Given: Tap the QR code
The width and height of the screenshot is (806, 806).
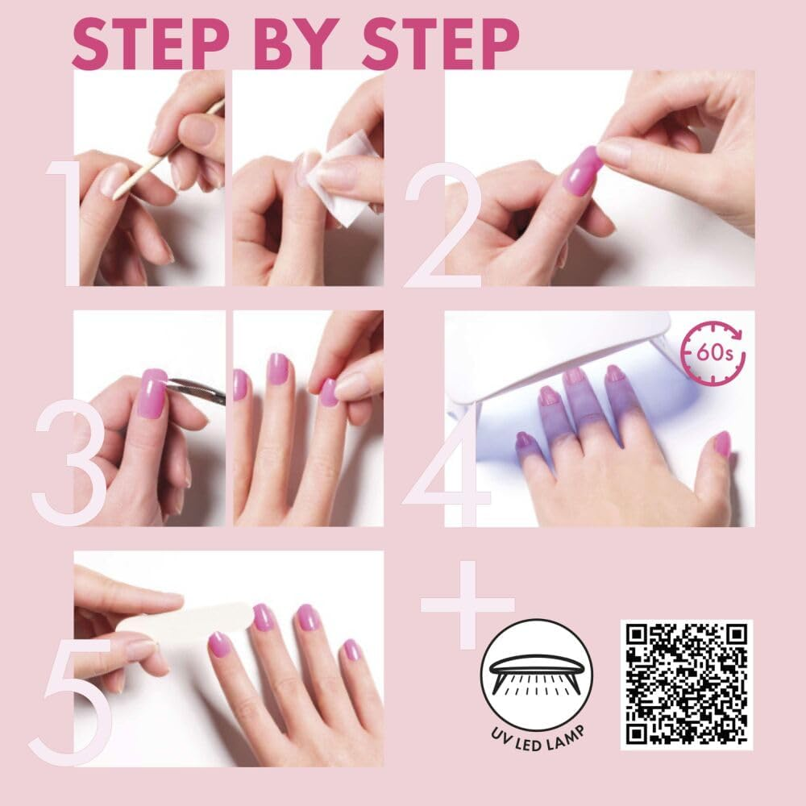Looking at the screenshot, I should (x=686, y=683).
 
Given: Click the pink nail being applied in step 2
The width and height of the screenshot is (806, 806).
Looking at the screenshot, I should (x=582, y=172).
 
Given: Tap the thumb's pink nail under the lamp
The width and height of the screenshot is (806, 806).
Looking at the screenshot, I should (x=721, y=443).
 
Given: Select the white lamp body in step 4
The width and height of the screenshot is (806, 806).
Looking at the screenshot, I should (x=564, y=339).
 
